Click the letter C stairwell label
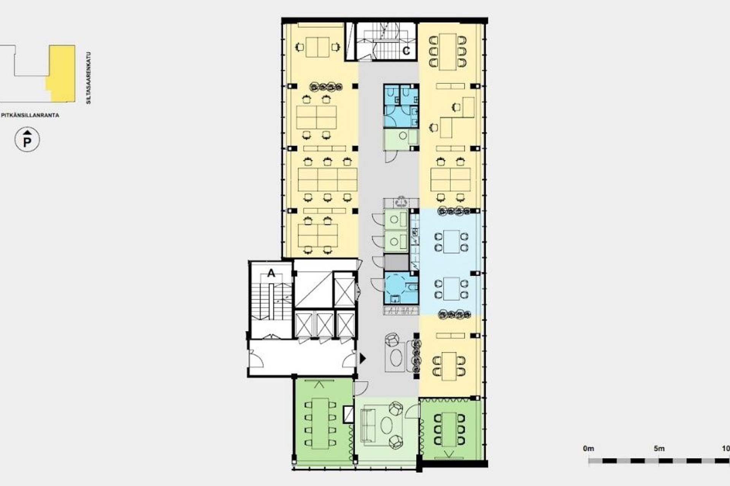tap(406, 51)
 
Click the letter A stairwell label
tap(271, 273)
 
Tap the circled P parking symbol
tap(27, 140)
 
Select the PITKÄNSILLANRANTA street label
tap(30, 115)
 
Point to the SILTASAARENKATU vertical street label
tap(89, 78)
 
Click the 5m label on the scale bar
tap(659, 448)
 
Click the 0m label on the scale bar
tap(588, 448)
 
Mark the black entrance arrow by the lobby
tap(363, 358)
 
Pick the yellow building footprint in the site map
tap(61, 73)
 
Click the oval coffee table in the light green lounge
tap(387, 425)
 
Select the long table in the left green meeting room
tap(320, 423)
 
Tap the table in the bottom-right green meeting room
tap(449, 429)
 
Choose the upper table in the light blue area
tap(451, 241)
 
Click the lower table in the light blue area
tap(451, 289)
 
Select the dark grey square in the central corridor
tap(396, 262)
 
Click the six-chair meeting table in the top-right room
tap(448, 52)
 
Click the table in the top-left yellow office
tap(317, 47)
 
